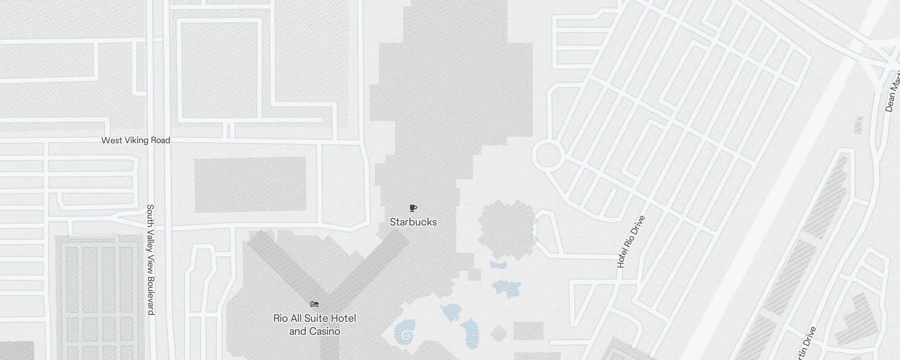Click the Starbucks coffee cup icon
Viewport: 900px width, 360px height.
(413, 208)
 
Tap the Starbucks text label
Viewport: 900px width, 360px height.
(413, 222)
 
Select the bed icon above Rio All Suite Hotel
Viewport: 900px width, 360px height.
(315, 305)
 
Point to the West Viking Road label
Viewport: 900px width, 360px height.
(135, 140)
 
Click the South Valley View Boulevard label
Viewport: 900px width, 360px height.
(151, 259)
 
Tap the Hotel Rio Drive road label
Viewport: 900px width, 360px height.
(631, 242)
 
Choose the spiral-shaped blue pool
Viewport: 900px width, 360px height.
(405, 333)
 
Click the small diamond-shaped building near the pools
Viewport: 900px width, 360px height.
(499, 334)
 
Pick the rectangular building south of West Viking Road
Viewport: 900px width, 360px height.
(250, 184)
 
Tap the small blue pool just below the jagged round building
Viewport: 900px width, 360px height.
(499, 265)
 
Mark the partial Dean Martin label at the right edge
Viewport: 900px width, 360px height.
(892, 92)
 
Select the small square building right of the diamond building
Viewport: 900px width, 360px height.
(528, 331)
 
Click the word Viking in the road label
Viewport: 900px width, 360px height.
(136, 140)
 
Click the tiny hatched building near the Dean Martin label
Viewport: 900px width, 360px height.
(859, 125)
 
